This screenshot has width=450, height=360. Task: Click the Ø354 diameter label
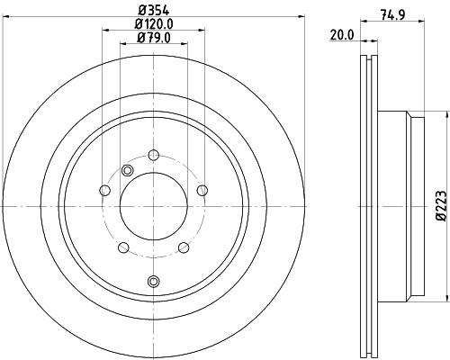tap(153, 11)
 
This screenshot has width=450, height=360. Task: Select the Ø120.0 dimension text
tap(153, 25)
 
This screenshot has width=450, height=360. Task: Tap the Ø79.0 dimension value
tap(153, 39)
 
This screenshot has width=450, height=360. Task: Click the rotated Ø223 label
tap(440, 204)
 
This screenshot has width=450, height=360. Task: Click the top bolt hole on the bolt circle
tap(153, 155)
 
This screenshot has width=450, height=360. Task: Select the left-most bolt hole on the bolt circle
tap(104, 190)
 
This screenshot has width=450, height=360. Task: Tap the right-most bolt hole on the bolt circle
tap(202, 189)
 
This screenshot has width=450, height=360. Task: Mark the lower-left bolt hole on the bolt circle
tap(123, 247)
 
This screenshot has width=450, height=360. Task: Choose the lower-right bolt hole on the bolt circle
tap(183, 247)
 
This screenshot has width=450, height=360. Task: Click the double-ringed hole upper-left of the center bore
tap(127, 171)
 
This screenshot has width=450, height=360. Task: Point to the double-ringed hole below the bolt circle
tap(153, 282)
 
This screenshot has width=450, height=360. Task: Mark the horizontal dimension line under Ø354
tap(153, 18)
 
